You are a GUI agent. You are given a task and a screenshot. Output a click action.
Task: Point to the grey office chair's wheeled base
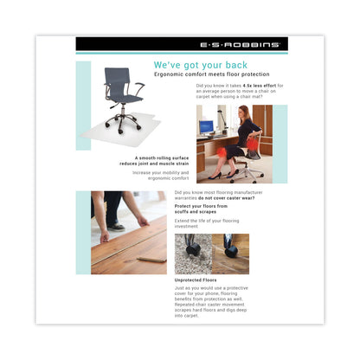point(125,131)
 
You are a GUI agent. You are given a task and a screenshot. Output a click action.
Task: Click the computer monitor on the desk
point(206,127)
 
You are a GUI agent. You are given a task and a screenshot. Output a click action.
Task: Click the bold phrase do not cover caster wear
point(225,198)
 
